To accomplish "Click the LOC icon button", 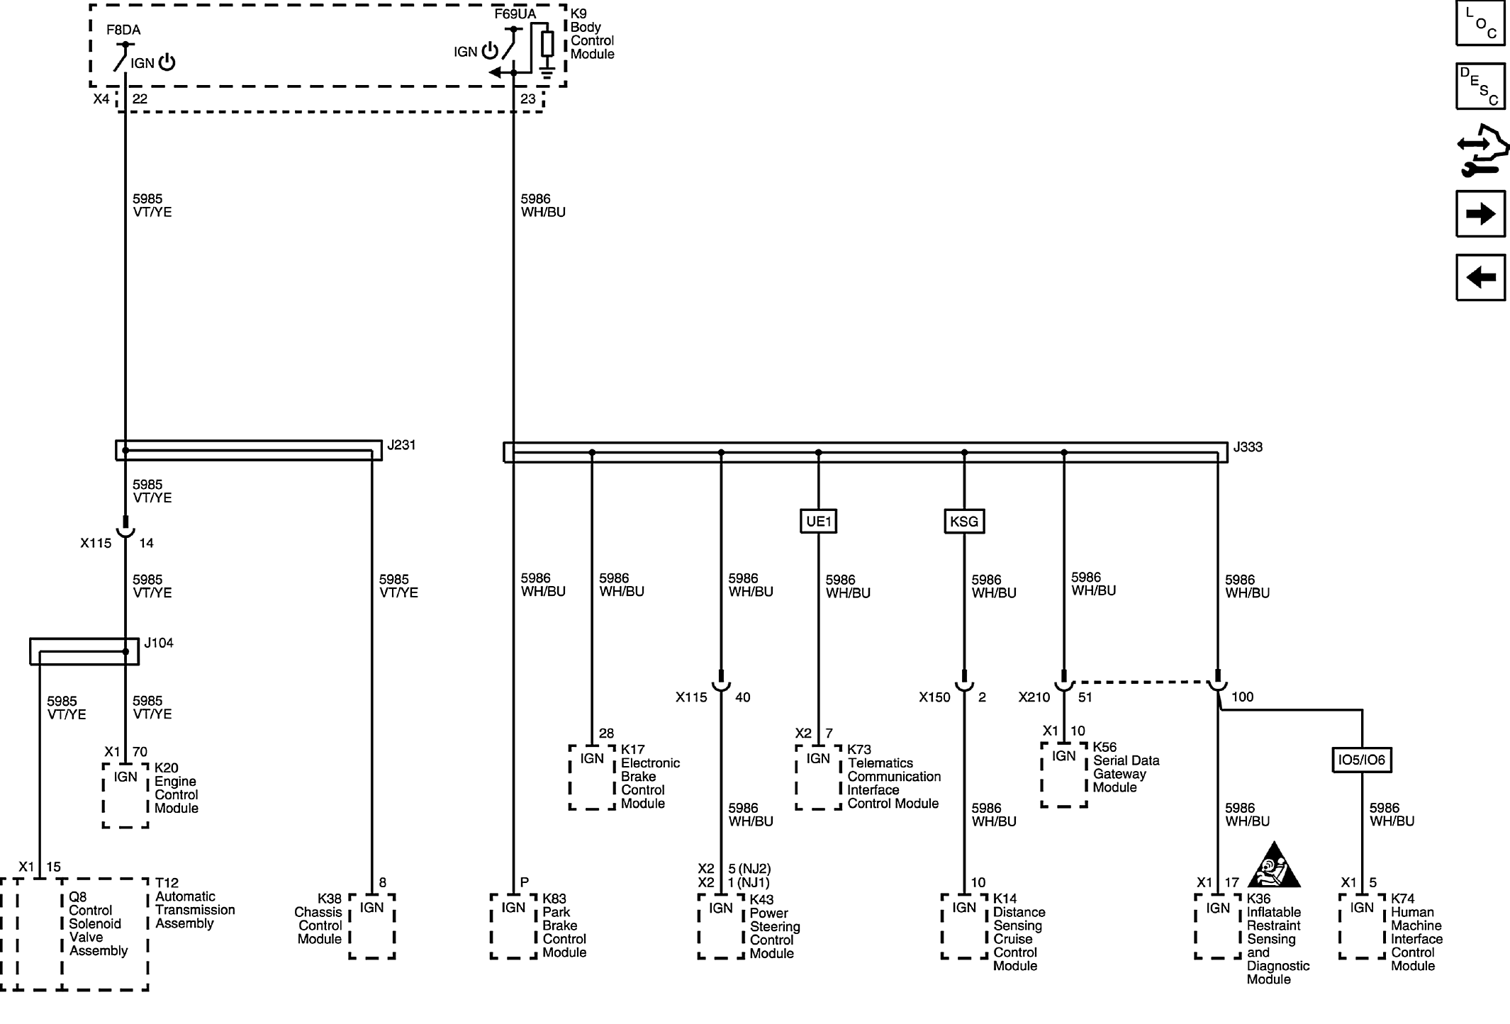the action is pos(1480,23).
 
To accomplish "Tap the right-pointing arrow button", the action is pos(1480,213).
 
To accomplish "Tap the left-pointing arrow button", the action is pos(1480,277).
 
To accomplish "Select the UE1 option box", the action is pos(819,522).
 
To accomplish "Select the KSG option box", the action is pos(964,522).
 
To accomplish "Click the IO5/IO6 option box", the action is pos(1362,760).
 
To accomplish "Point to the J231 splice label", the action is pos(401,445).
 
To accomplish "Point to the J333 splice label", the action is pos(1248,447).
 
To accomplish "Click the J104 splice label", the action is pos(159,643).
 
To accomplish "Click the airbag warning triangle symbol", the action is pos(1274,866).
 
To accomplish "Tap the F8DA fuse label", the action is pos(123,30).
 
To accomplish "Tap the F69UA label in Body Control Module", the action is pos(515,13).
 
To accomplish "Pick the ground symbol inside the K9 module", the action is pos(547,71).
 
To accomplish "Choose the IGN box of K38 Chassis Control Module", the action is pos(371,926).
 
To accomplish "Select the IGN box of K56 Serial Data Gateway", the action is pos(1063,775).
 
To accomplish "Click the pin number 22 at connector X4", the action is pos(140,99).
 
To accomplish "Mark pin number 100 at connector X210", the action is pos(1242,697).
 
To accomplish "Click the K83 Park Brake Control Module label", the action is pos(564,925).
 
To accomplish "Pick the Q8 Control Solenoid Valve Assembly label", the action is pos(98,923).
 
